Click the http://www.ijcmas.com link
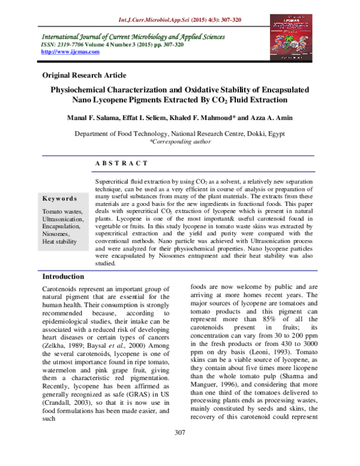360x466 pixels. coord(65,53)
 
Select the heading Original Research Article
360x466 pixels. coord(84,75)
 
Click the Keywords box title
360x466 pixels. coord(59,199)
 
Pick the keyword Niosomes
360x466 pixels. coord(56,234)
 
